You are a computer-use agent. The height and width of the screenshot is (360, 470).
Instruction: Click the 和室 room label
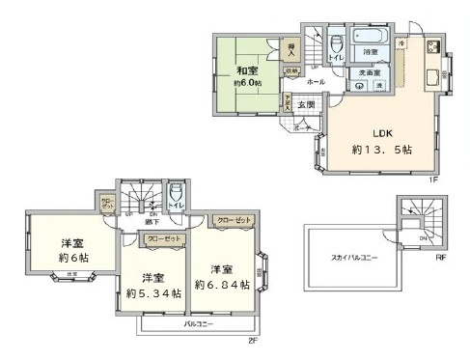(246, 70)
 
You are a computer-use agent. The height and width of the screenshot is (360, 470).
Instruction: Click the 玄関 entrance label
(305, 104)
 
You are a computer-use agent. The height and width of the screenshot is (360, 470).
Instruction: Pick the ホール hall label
(316, 83)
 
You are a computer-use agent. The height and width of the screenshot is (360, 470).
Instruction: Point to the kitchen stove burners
(433, 46)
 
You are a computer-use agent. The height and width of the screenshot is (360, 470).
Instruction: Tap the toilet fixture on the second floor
(175, 201)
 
